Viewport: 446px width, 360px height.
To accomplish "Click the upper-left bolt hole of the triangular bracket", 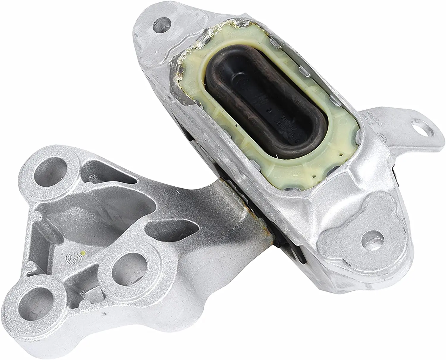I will point(50,169).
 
